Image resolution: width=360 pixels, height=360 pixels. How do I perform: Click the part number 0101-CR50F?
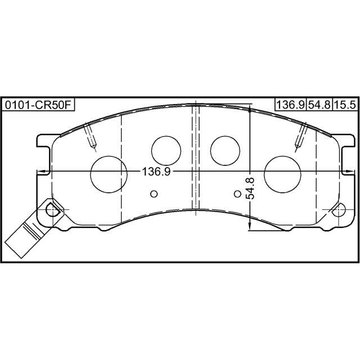tap(38, 105)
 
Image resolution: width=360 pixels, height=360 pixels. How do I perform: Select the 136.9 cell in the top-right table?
tap(290, 105)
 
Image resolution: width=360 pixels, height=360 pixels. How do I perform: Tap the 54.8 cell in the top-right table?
tap(319, 105)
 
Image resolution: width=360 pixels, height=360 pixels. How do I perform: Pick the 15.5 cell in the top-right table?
tap(345, 105)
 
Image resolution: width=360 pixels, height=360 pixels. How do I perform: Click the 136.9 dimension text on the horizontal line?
tap(156, 172)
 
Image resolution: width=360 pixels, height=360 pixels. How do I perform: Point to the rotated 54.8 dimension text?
tap(250, 188)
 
